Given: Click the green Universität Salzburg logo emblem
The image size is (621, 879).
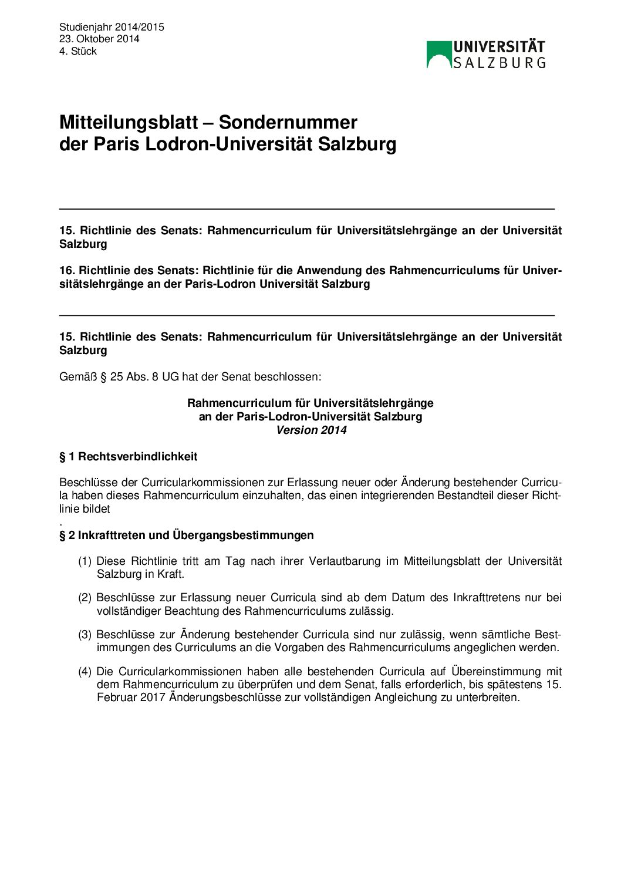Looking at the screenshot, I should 438,54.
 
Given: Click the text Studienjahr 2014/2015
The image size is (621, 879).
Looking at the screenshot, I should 112,27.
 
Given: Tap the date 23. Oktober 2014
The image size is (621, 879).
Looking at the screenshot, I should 99,39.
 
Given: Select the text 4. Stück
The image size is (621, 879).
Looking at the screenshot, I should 77,51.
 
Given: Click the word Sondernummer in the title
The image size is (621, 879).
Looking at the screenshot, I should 288,122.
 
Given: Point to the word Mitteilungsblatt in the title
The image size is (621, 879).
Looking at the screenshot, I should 129,122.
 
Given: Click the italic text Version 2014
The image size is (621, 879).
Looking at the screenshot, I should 311,430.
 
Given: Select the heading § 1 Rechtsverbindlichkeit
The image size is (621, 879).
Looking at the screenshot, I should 128,456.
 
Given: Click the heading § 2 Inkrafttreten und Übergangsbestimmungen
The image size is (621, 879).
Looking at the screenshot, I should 186,535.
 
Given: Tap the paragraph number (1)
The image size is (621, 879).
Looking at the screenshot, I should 85,561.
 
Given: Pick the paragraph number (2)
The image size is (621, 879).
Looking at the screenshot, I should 85,598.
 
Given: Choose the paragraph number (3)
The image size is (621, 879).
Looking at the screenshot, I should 85,635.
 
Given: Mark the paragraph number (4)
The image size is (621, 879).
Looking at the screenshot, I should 85,671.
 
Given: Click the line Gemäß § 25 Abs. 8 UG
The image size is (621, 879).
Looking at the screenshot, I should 190,376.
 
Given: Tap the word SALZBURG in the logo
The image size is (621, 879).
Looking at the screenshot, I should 500,62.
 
